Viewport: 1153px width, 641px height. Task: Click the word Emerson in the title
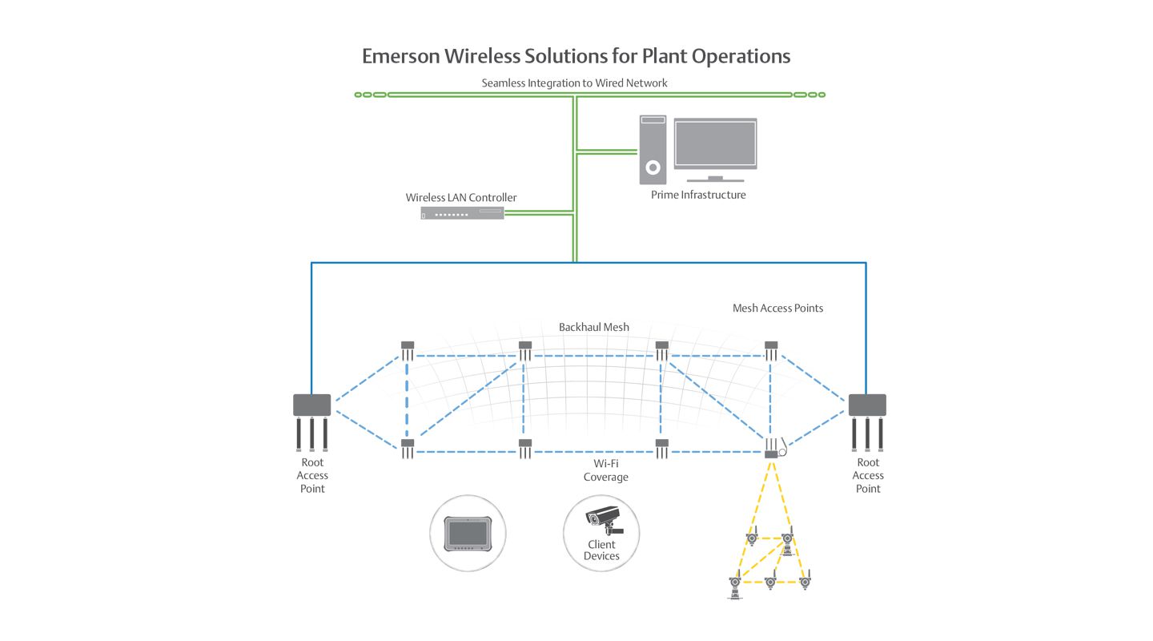pos(401,56)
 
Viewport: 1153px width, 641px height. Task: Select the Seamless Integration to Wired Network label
pos(574,83)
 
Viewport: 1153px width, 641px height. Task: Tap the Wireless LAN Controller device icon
pos(462,213)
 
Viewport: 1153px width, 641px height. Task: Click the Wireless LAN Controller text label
pos(460,197)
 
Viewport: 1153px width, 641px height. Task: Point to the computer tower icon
pos(653,149)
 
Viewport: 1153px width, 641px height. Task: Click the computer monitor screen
pos(716,143)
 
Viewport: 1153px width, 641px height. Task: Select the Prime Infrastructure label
pos(698,195)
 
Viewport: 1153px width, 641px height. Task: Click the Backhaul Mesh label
pos(594,327)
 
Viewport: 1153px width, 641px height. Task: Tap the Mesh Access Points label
pos(777,308)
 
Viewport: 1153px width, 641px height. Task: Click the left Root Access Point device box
pos(312,405)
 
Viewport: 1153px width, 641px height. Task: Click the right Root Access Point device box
pos(867,405)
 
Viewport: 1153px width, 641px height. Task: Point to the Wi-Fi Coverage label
pos(606,470)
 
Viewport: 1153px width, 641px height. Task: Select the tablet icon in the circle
pos(468,534)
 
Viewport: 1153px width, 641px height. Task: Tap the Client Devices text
pos(601,550)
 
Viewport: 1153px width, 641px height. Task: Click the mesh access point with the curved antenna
pos(774,448)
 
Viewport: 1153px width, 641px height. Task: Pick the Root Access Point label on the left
pos(312,476)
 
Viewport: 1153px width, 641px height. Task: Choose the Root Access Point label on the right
pos(868,476)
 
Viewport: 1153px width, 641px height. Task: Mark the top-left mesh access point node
pos(407,350)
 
